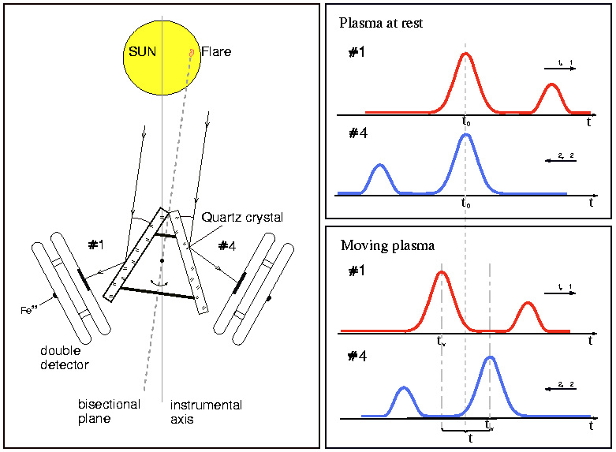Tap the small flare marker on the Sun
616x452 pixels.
192,53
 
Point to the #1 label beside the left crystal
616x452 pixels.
96,245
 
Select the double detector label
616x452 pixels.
65,357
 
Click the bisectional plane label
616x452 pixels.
109,412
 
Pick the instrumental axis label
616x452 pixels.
206,412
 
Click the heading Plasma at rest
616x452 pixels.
381,23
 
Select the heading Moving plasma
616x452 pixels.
387,245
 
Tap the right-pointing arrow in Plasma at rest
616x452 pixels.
560,69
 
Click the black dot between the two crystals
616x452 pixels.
162,260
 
